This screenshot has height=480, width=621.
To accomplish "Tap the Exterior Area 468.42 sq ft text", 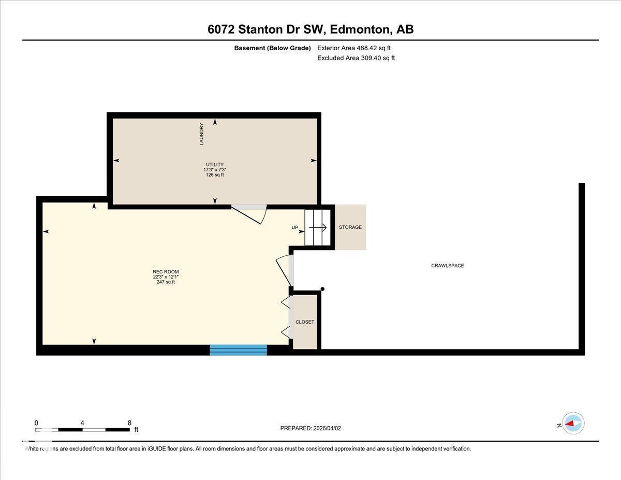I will point(354,48).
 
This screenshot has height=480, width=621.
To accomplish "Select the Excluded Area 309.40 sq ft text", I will point(356,58).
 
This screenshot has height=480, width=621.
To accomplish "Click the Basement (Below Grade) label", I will point(272,48).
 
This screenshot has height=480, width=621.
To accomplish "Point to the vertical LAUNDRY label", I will point(202,134).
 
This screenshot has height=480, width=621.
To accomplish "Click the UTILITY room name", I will point(215,165).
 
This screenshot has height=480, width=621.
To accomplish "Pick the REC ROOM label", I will point(166,272).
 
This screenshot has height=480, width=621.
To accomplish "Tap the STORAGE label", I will point(350,227).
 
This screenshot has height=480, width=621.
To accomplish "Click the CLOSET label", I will point(305,322).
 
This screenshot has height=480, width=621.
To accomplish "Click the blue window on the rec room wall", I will point(238,350).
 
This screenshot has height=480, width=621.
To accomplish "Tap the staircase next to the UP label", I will point(317,227).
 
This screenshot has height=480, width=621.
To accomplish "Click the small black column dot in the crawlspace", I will point(322,289).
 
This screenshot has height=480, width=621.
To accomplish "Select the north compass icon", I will point(573,424).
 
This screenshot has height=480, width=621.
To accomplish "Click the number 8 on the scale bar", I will point(129,423).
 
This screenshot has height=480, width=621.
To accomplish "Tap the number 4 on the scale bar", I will point(82,423).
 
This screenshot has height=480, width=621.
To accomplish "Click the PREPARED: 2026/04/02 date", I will point(310,428).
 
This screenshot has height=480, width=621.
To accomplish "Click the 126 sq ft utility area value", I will point(215,175).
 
